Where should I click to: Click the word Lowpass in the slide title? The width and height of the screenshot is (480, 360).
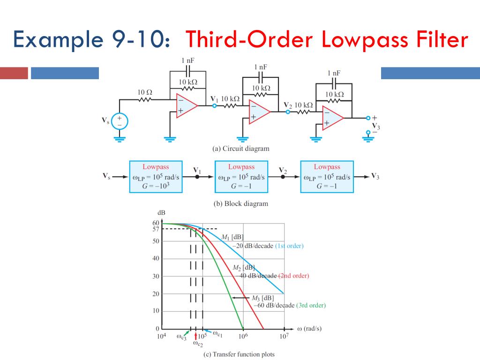coord(362,41)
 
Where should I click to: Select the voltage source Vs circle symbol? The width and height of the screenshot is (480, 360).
coord(119,121)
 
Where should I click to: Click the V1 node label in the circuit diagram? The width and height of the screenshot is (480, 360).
coord(214,99)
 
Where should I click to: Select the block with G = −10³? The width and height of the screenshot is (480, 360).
coord(156,177)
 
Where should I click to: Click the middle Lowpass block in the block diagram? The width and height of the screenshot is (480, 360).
coord(241,177)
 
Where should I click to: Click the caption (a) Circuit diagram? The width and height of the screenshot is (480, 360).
coord(241,149)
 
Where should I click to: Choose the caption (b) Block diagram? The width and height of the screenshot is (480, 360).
coord(241,203)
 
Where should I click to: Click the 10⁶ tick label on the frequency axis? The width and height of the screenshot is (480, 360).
coord(243,336)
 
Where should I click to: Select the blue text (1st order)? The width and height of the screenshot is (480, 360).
coord(289,246)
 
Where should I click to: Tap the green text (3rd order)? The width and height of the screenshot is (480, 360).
coord(311,305)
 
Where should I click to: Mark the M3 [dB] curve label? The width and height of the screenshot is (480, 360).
coord(262,298)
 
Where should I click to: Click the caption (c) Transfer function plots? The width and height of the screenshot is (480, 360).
coord(239,354)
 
